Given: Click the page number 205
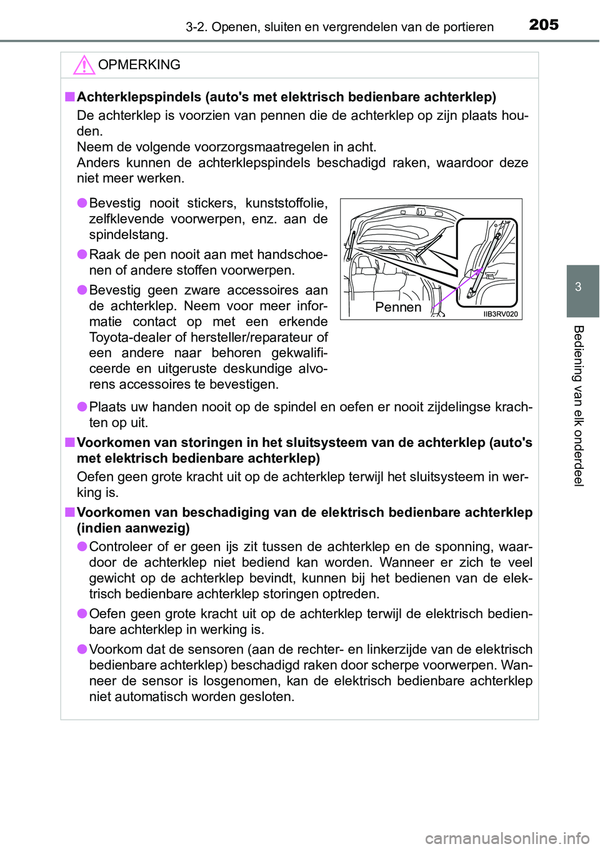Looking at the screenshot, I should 543,25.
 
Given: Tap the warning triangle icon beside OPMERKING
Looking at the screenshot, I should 84,65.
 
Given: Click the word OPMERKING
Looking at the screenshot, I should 139,65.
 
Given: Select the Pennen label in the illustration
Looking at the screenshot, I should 398,307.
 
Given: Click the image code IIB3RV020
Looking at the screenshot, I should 500,314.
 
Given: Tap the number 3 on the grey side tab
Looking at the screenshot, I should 578,287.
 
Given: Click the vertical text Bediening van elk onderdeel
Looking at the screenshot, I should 579,406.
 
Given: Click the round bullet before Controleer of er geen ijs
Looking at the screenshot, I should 82,546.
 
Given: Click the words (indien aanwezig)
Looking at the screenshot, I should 133,528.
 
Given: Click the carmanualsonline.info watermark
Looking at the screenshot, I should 507,838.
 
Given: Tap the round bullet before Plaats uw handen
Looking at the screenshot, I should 82,407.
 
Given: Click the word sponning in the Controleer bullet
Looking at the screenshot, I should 464,547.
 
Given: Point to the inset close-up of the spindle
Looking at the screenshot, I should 487,262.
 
